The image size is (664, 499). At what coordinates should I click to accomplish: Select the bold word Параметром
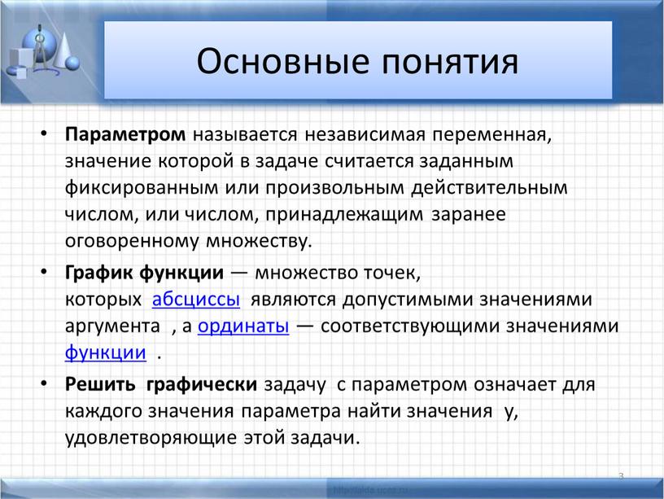coord(125,135)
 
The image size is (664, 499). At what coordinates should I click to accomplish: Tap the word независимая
coord(365,134)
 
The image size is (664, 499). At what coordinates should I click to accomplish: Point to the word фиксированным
coord(142,188)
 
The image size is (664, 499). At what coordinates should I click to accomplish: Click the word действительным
coord(489,188)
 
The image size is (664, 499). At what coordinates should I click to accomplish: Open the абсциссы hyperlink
coord(196,299)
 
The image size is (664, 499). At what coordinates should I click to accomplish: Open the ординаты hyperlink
coord(243,326)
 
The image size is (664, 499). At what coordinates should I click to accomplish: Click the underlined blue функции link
coord(106,352)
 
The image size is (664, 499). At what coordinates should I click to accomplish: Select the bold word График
coord(98,273)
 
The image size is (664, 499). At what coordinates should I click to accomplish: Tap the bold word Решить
coord(100,384)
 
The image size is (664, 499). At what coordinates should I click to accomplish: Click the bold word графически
coord(202,385)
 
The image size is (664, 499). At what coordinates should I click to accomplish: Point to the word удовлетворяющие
coord(151,438)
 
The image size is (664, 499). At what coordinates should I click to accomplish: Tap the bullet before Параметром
coord(45,134)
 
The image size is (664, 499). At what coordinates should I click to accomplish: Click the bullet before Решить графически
coord(45,383)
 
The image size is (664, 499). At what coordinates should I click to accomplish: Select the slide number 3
coord(621,476)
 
